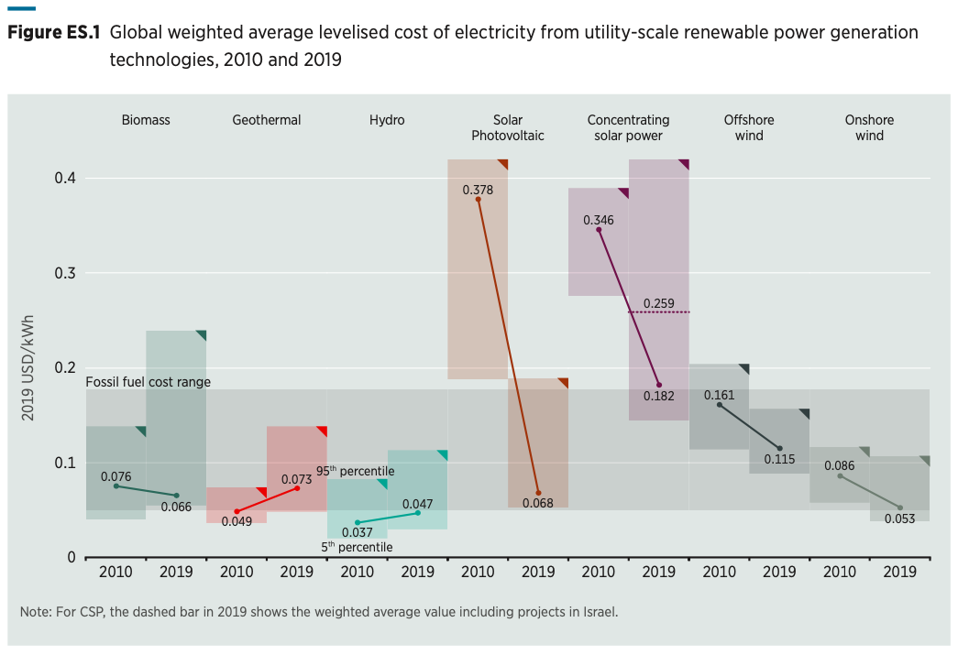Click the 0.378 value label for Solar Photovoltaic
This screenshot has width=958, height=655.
click(478, 190)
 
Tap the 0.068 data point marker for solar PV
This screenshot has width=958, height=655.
click(538, 493)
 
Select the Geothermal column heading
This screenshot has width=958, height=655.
click(266, 120)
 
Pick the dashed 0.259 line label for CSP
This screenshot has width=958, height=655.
click(659, 303)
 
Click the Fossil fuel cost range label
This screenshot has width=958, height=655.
click(148, 382)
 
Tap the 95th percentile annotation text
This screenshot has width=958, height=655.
click(355, 471)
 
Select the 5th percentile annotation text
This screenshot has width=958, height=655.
click(357, 547)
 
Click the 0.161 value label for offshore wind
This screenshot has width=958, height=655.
click(719, 395)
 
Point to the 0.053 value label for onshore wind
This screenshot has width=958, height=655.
click(899, 519)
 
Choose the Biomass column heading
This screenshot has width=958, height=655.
click(146, 120)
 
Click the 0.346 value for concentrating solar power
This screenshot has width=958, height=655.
click(599, 220)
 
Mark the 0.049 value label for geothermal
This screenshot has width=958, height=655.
click(237, 521)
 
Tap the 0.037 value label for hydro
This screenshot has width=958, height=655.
click(358, 532)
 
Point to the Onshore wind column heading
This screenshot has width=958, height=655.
click(869, 127)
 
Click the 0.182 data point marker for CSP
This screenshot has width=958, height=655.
click(659, 385)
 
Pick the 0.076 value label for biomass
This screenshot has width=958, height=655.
click(116, 475)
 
